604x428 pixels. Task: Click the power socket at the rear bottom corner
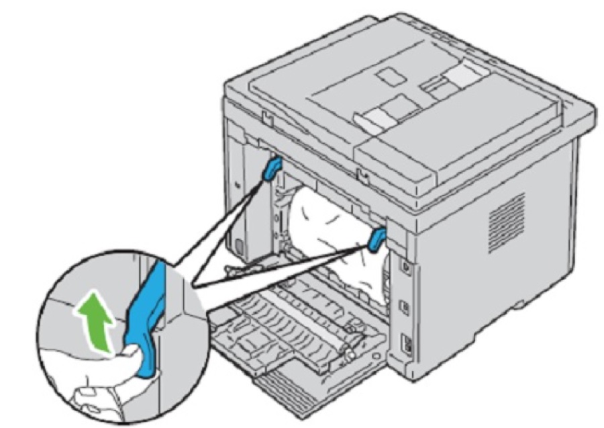pos(407,342)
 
